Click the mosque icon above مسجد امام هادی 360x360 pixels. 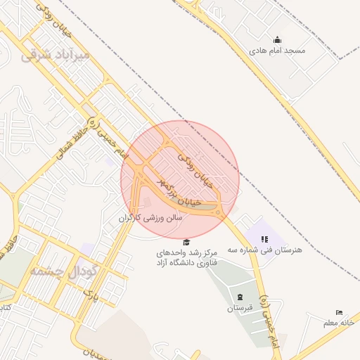(x=277, y=40)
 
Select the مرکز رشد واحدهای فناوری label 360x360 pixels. (x=187, y=257)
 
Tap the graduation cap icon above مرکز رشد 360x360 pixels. (x=186, y=242)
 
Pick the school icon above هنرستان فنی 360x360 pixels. (x=264, y=239)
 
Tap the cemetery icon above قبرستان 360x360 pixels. (x=240, y=297)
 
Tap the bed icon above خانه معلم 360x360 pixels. (x=340, y=312)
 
